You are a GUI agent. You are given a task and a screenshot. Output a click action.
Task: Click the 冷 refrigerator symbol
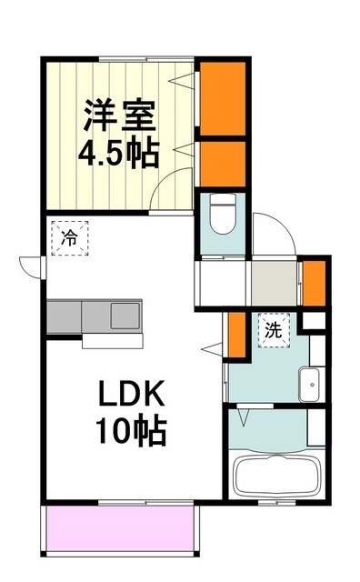[x=69, y=239]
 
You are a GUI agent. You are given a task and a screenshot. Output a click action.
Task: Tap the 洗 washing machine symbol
[x=273, y=331]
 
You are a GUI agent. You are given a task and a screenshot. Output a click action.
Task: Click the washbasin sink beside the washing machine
[x=311, y=385]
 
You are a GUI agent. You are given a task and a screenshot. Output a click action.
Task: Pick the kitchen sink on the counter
[x=123, y=316]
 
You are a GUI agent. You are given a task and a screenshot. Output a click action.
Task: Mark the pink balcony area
[x=118, y=528]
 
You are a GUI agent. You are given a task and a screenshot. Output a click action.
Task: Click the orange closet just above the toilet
[x=223, y=161]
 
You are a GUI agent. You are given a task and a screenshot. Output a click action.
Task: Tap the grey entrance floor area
[x=275, y=282]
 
